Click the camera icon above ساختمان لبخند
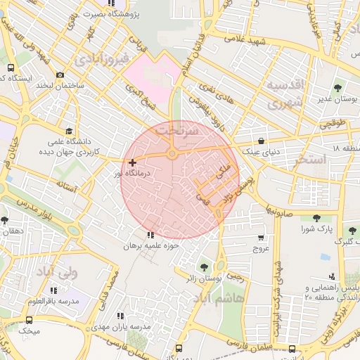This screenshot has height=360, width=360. tap(60, 75)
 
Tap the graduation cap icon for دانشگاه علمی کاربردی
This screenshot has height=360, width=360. tap(69, 131)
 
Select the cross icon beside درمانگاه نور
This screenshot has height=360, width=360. tap(132, 162)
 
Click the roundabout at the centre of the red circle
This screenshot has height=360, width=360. tap(172, 154)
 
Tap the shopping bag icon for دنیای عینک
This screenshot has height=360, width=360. tap(262, 141)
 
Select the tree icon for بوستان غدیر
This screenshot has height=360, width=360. tap(338, 89)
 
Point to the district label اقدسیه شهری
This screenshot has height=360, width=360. tap(284, 95)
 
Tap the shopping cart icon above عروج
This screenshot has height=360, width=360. tap(262, 238)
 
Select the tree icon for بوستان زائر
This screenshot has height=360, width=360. tap(204, 267)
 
